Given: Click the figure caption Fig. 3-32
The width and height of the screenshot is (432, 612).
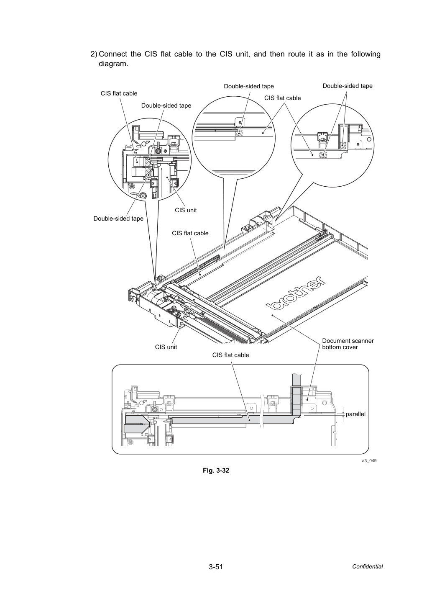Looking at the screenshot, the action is tap(216, 470).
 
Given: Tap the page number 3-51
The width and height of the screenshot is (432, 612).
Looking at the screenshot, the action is tap(216, 567).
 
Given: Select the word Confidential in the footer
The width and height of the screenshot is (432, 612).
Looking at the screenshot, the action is tap(367, 567).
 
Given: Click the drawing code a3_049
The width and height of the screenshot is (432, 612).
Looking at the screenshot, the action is tap(369, 460).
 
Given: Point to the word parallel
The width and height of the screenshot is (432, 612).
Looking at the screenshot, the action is tap(355, 414).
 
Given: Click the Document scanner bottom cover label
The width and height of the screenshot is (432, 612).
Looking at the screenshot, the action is tap(348, 344).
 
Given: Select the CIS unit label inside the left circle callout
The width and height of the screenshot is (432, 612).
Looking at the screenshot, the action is tap(186, 210).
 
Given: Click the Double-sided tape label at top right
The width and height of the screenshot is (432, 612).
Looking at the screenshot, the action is tap(348, 86).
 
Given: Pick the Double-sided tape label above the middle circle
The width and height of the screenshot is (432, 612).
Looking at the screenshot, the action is tap(249, 86).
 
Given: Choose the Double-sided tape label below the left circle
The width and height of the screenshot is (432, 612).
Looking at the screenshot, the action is tap(118, 219).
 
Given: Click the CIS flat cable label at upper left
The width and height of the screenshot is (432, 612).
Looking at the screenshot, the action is tap(119, 93).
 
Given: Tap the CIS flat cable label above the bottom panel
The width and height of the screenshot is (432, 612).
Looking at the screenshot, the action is tap(230, 355).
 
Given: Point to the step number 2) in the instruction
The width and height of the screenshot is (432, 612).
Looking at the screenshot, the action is tap(94, 54).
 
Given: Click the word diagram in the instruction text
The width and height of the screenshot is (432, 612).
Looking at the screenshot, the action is tap(113, 64).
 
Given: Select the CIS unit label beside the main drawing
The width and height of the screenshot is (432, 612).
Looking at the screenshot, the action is tap(166, 347).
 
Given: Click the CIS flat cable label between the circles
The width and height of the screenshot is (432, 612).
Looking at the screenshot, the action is tap(282, 98).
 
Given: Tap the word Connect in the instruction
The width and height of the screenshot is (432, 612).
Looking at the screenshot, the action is tap(113, 54).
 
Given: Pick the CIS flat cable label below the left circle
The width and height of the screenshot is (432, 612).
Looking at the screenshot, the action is tap(190, 233).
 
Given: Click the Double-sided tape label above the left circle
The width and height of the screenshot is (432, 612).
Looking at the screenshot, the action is tap(166, 106).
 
